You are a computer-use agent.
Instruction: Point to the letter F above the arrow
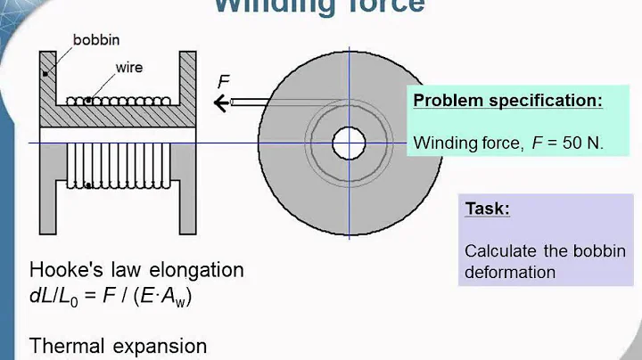pyautogui.click(x=225, y=82)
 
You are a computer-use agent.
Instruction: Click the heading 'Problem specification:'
pyautogui.click(x=507, y=101)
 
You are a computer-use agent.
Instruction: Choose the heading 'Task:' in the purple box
pyautogui.click(x=488, y=209)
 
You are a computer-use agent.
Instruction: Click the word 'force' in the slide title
pyautogui.click(x=380, y=5)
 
